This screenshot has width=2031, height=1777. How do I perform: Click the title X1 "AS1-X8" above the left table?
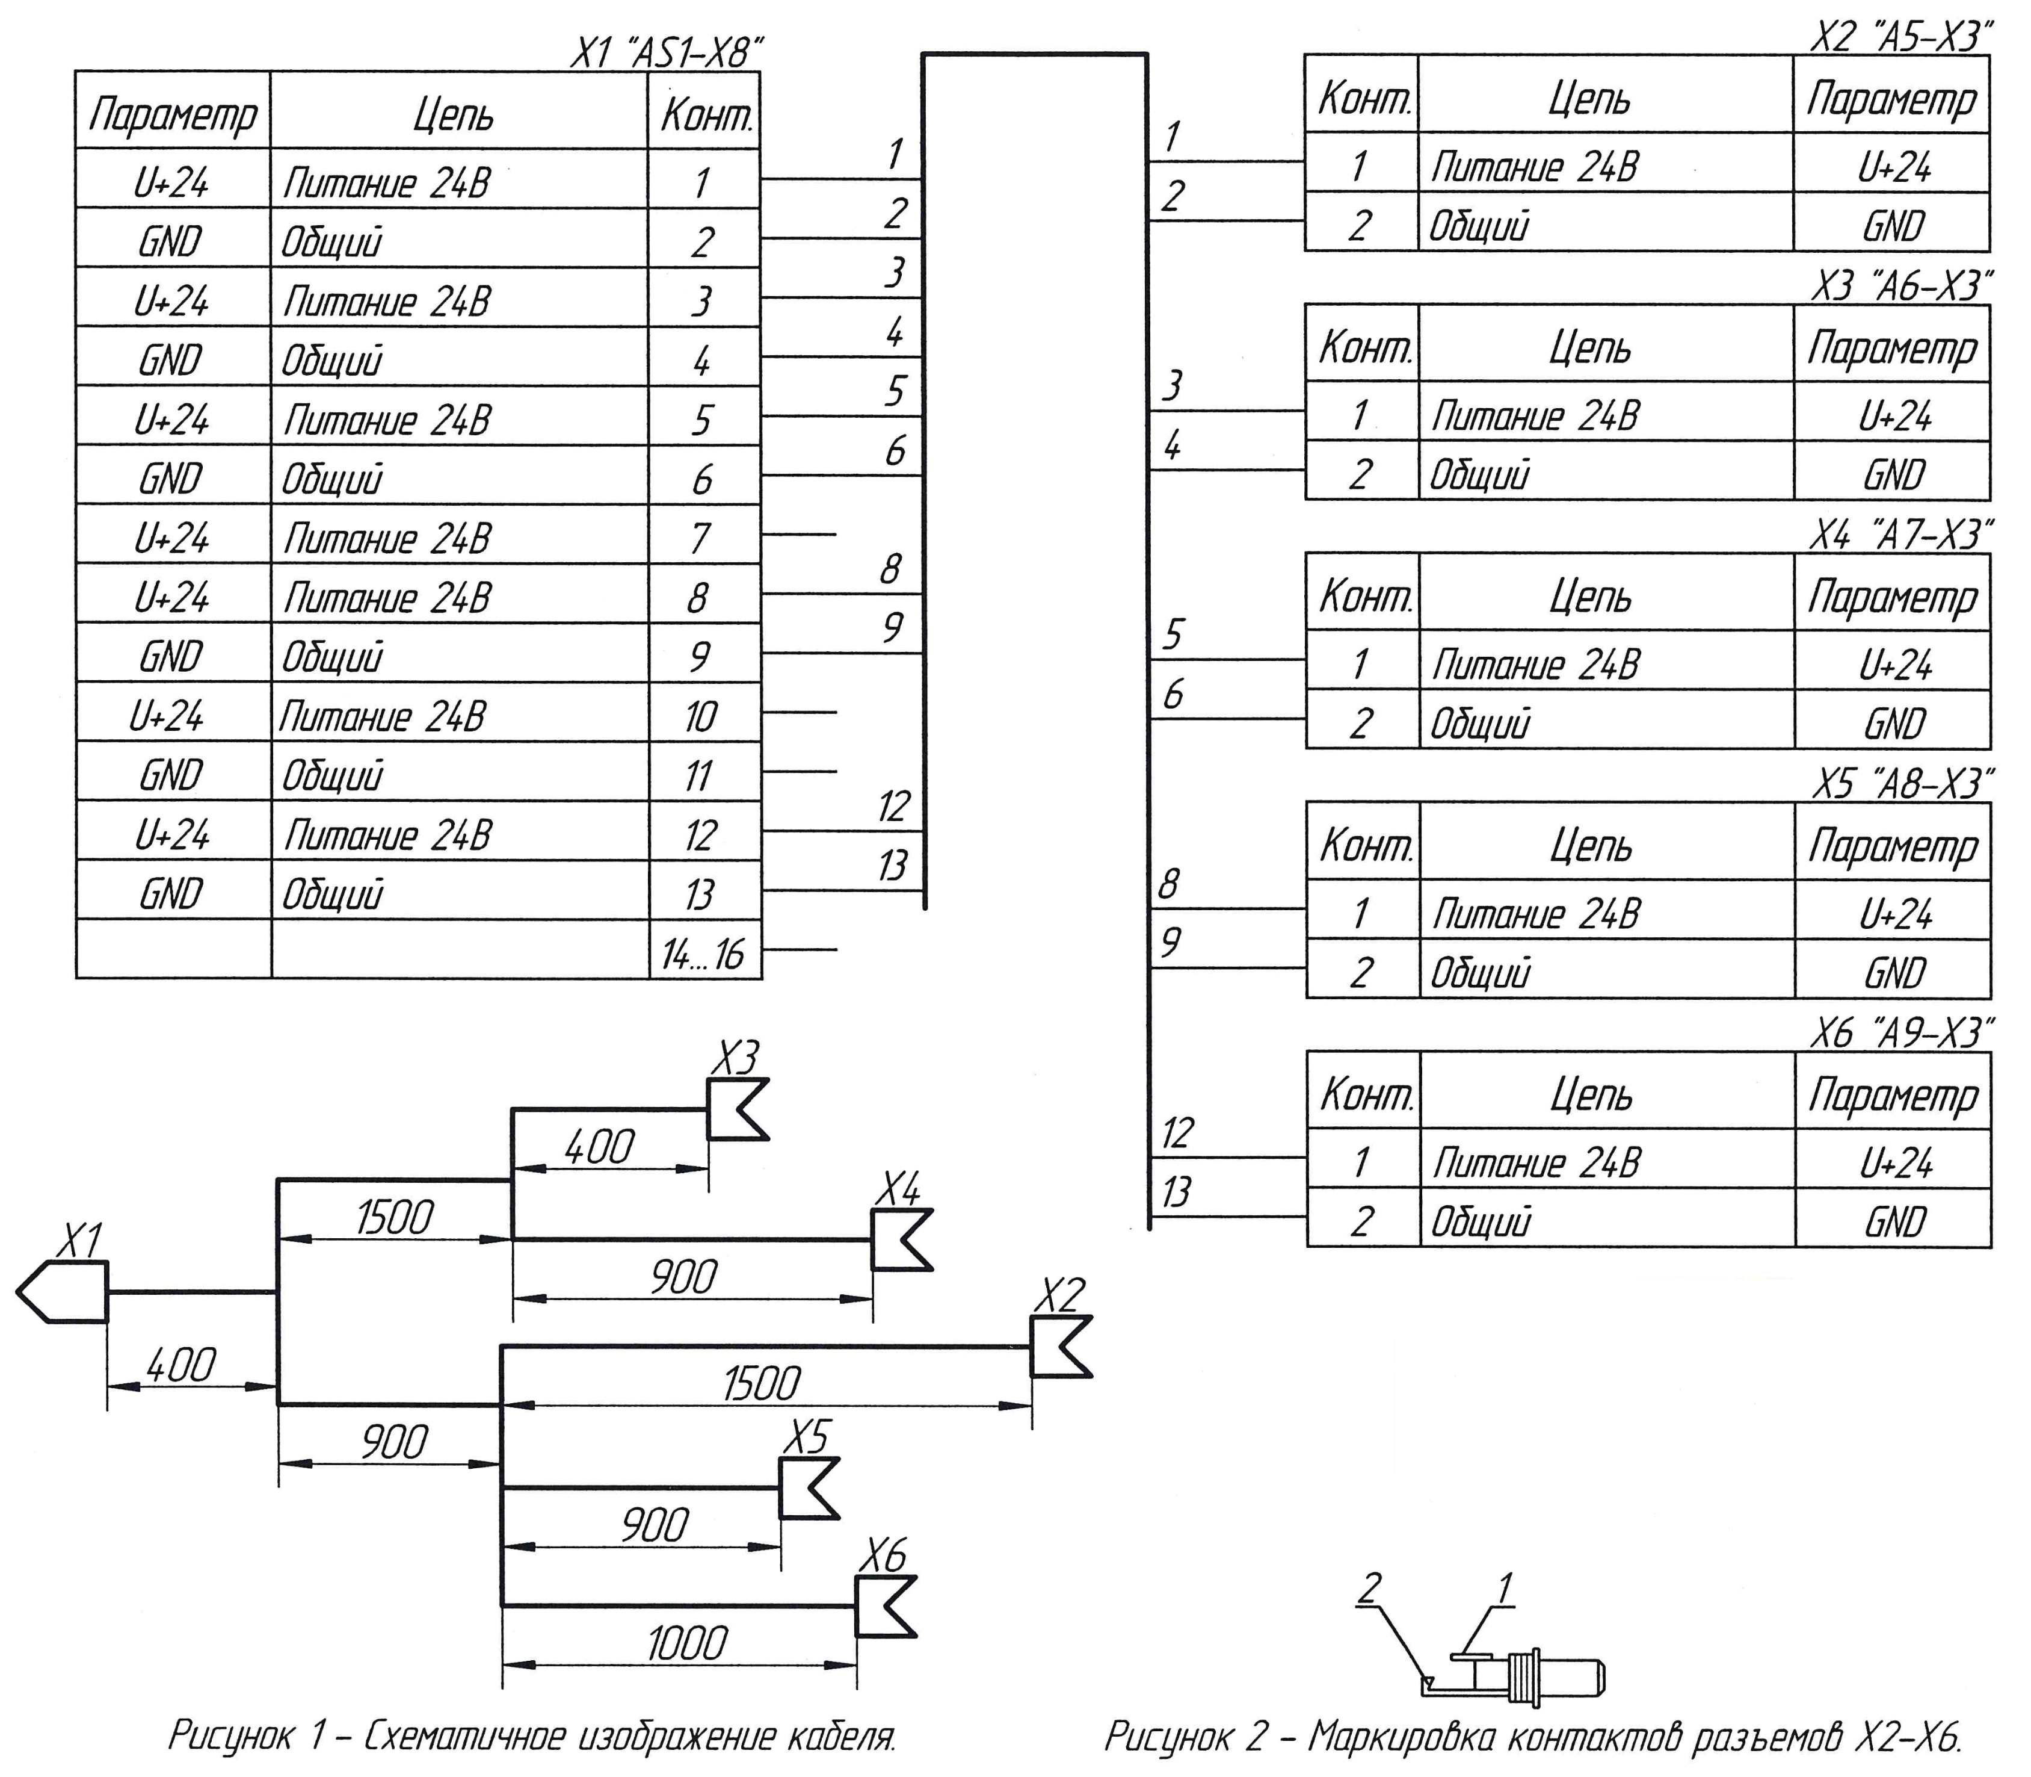666,52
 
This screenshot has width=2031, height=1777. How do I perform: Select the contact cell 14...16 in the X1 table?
703,955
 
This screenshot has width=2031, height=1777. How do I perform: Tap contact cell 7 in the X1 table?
701,538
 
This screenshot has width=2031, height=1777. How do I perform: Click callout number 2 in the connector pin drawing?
1369,1589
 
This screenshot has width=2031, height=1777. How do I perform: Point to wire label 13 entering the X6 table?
1176,1191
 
